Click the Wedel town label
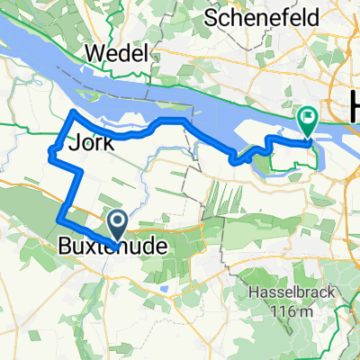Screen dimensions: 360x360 (x=116, y=54)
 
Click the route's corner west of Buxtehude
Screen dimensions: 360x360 (x=58, y=217)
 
